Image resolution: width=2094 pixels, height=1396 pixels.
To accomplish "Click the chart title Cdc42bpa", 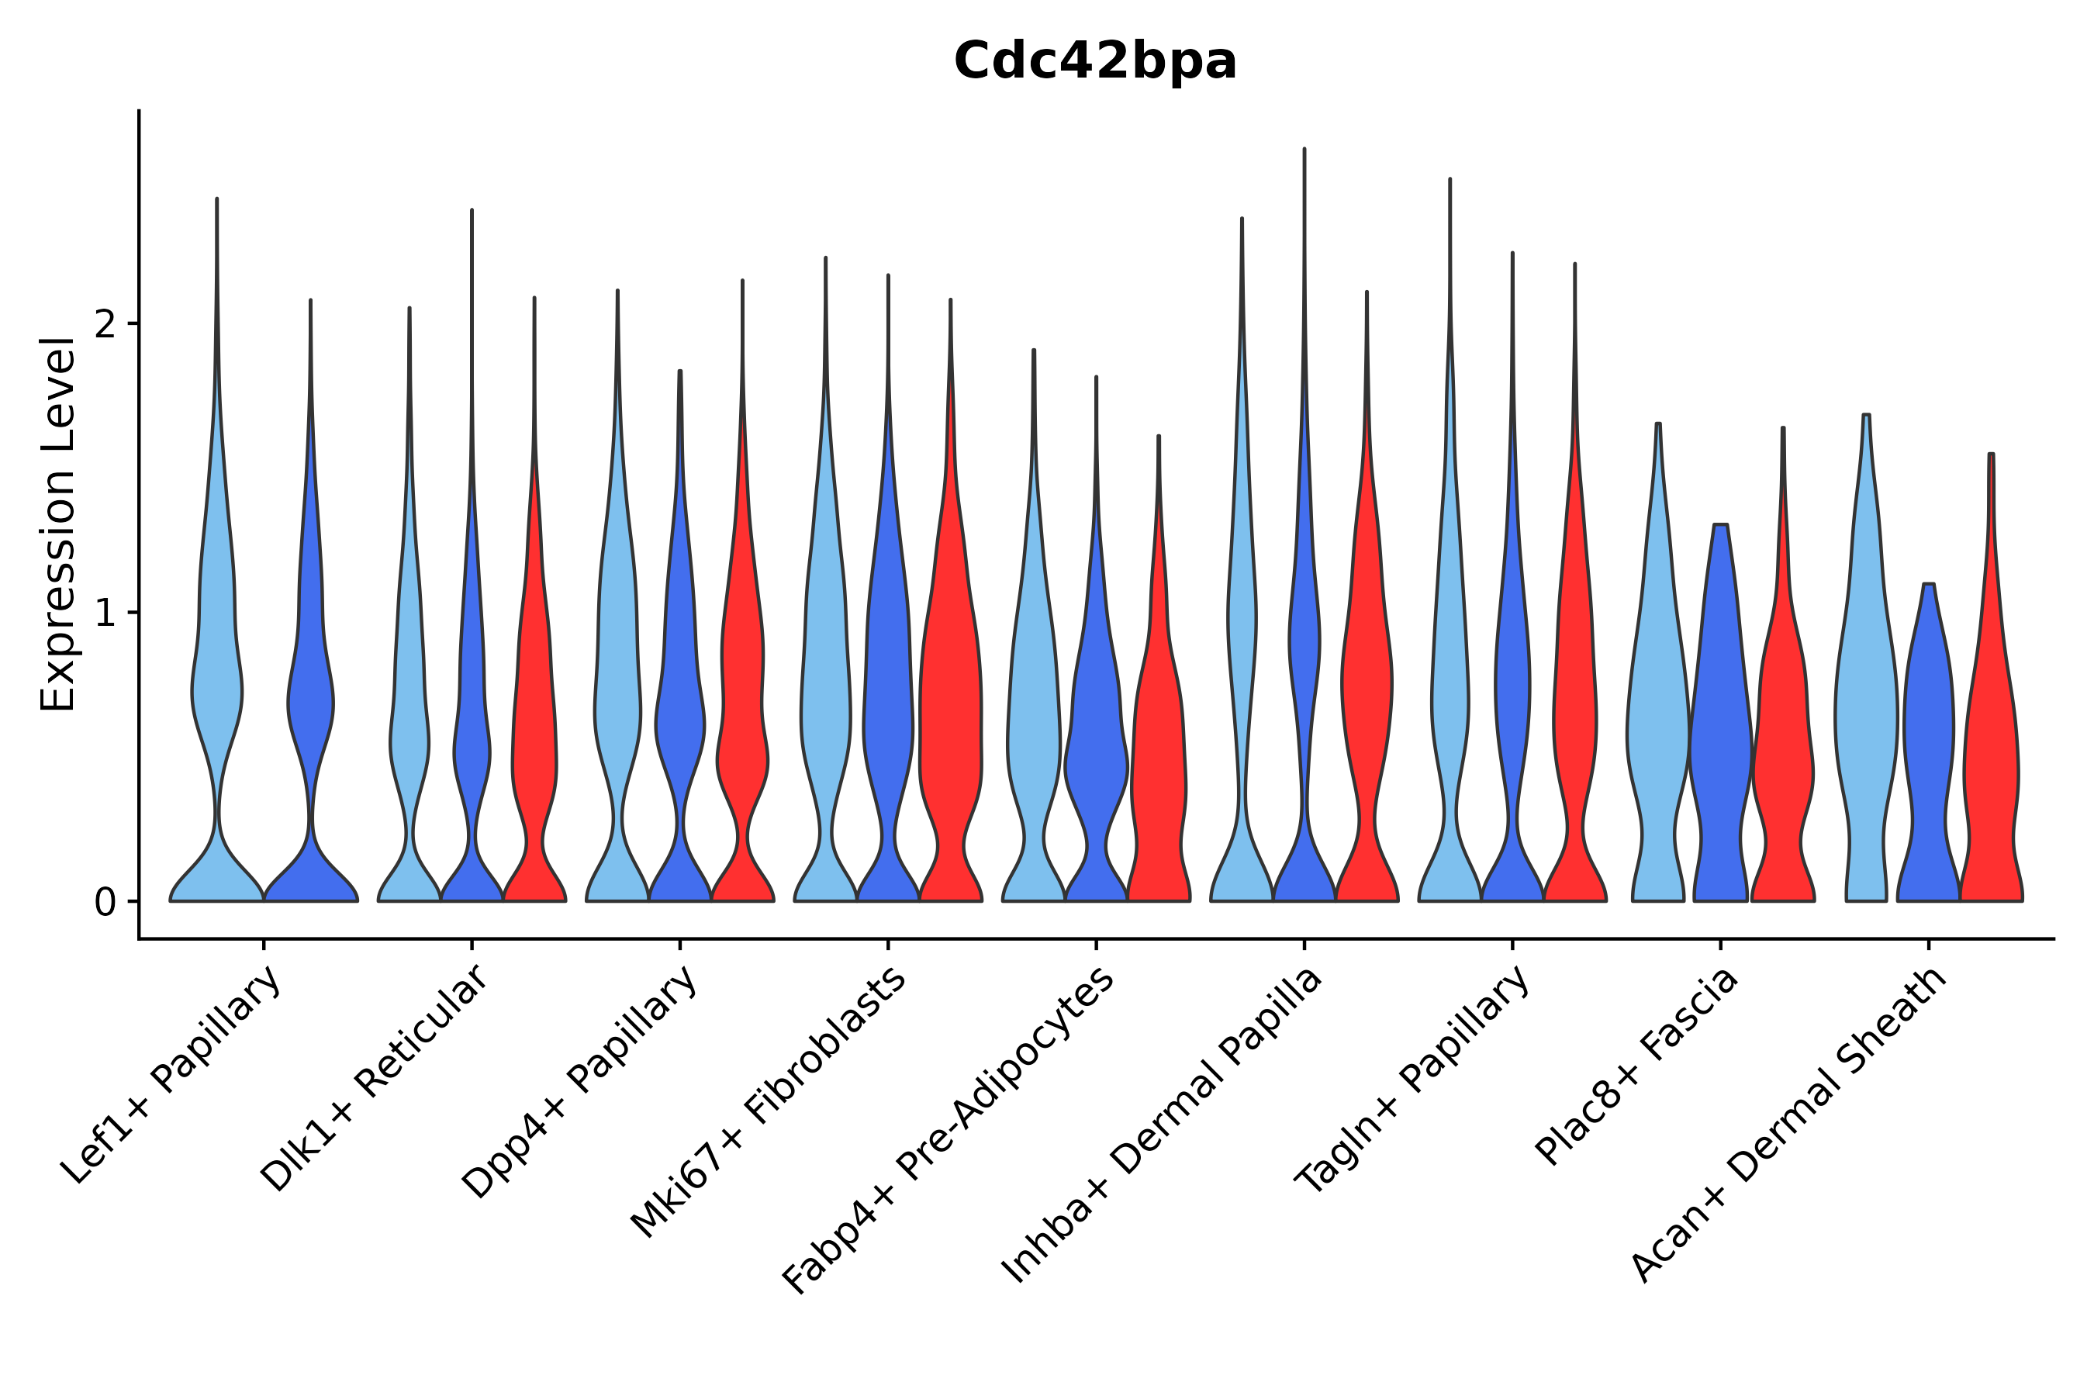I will [1094, 62].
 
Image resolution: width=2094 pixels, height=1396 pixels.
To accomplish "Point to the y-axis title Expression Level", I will [58, 524].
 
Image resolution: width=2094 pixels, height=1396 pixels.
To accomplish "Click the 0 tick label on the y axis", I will [105, 903].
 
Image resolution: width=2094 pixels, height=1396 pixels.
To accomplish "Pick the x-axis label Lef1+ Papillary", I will [173, 1076].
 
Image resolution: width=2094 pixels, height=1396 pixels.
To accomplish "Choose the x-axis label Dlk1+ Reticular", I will [375, 1079].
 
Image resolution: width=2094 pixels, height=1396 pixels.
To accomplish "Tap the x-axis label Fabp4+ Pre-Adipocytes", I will [949, 1131].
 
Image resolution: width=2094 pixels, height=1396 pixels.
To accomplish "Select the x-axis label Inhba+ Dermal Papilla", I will [1162, 1126].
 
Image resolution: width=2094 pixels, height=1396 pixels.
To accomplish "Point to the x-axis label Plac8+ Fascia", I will [1636, 1066].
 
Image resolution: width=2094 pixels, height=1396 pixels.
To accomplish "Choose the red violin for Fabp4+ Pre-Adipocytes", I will [1158, 757].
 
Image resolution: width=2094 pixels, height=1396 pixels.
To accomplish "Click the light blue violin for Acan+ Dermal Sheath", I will [1865, 712].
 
